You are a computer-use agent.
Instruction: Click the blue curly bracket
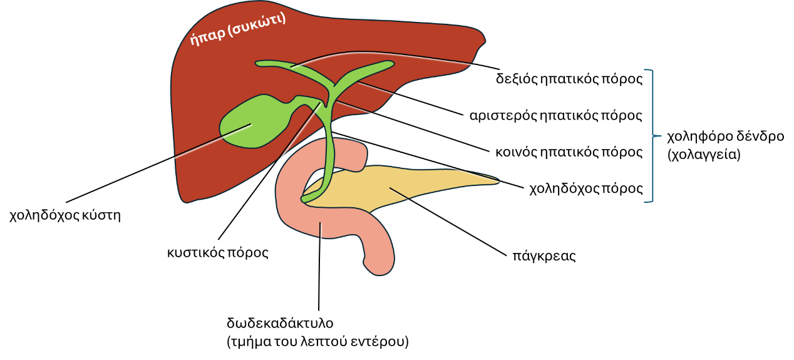pyautogui.click(x=652, y=135)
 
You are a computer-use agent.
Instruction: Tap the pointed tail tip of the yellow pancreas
pyautogui.click(x=498, y=182)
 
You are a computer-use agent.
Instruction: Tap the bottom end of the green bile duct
pyautogui.click(x=305, y=199)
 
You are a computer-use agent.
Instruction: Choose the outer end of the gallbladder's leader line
pyautogui.click(x=68, y=203)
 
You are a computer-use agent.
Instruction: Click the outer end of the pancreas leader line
pyautogui.click(x=508, y=256)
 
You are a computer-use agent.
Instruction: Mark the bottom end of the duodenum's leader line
pyautogui.click(x=320, y=312)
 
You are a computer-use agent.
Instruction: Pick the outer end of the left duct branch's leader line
pyautogui.click(x=501, y=71)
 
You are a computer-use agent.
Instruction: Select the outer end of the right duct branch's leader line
pyautogui.click(x=464, y=116)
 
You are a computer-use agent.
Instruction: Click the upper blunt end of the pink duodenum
pyautogui.click(x=359, y=157)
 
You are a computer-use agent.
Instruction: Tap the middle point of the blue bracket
pyautogui.click(x=660, y=135)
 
